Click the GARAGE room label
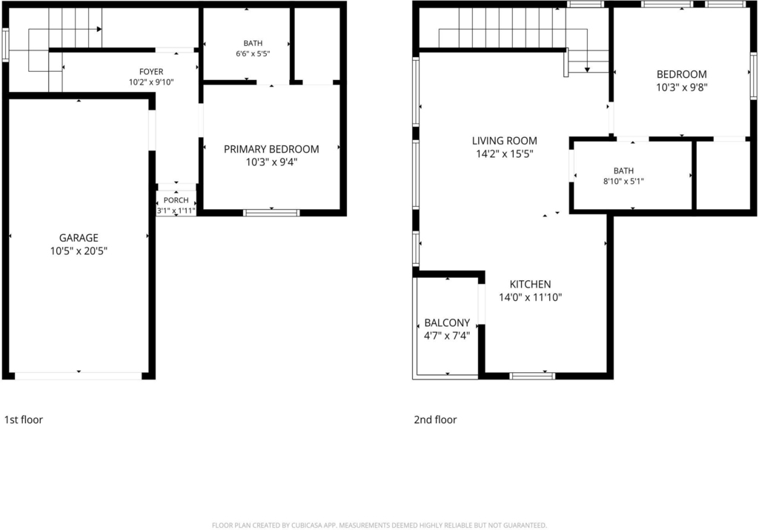[x=79, y=238]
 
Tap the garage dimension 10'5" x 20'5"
[x=79, y=251]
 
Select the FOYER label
[x=151, y=72]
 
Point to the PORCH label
[x=176, y=200]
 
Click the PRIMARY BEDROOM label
[x=271, y=149]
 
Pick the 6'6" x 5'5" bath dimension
[x=253, y=53]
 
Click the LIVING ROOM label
[x=504, y=141]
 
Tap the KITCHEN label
[x=530, y=284]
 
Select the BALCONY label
[x=447, y=323]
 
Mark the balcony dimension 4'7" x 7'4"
[x=447, y=336]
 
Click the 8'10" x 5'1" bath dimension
[x=623, y=182]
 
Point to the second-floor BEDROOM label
[x=682, y=75]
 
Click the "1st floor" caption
[x=23, y=420]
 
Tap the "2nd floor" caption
[x=435, y=420]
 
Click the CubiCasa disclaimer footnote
[x=379, y=525]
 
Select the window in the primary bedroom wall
[x=271, y=213]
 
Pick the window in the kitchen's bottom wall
[x=532, y=376]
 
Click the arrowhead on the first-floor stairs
[x=99, y=29]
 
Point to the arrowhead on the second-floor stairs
[x=587, y=70]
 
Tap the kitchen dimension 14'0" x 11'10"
[x=530, y=297]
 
